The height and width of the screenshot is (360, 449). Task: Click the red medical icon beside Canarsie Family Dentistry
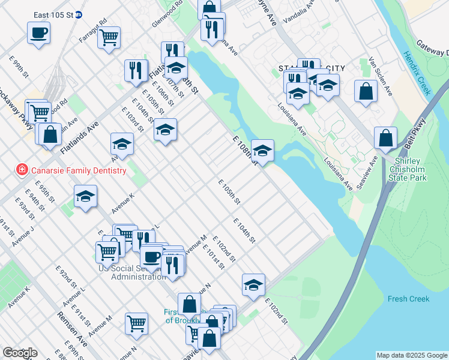tap(22, 170)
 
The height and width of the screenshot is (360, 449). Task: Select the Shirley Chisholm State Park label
tap(418, 170)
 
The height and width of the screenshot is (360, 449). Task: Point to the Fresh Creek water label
tap(408, 299)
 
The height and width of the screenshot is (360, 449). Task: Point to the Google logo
tap(20, 353)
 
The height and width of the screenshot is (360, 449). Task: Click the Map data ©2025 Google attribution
tap(412, 355)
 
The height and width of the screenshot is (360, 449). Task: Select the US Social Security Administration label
tap(132, 272)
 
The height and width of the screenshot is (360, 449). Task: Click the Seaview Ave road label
tap(367, 173)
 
